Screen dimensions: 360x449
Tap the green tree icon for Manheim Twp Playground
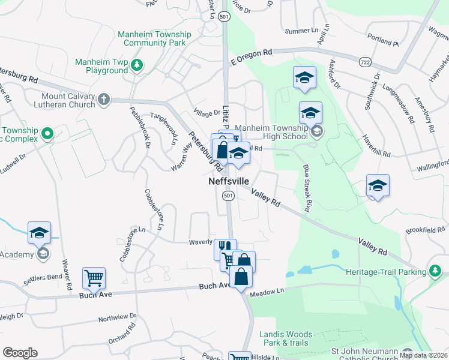pyautogui.click(x=137, y=65)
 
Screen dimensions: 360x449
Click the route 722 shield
pyautogui.click(x=365, y=62)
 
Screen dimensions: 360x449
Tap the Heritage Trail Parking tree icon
pyautogui.click(x=435, y=272)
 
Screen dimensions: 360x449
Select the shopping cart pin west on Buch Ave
pyautogui.click(x=94, y=277)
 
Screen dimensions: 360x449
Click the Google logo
pyautogui.click(x=20, y=353)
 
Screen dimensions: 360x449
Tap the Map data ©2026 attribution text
pyautogui.click(x=424, y=355)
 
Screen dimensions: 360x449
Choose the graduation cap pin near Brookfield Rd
pyautogui.click(x=378, y=186)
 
